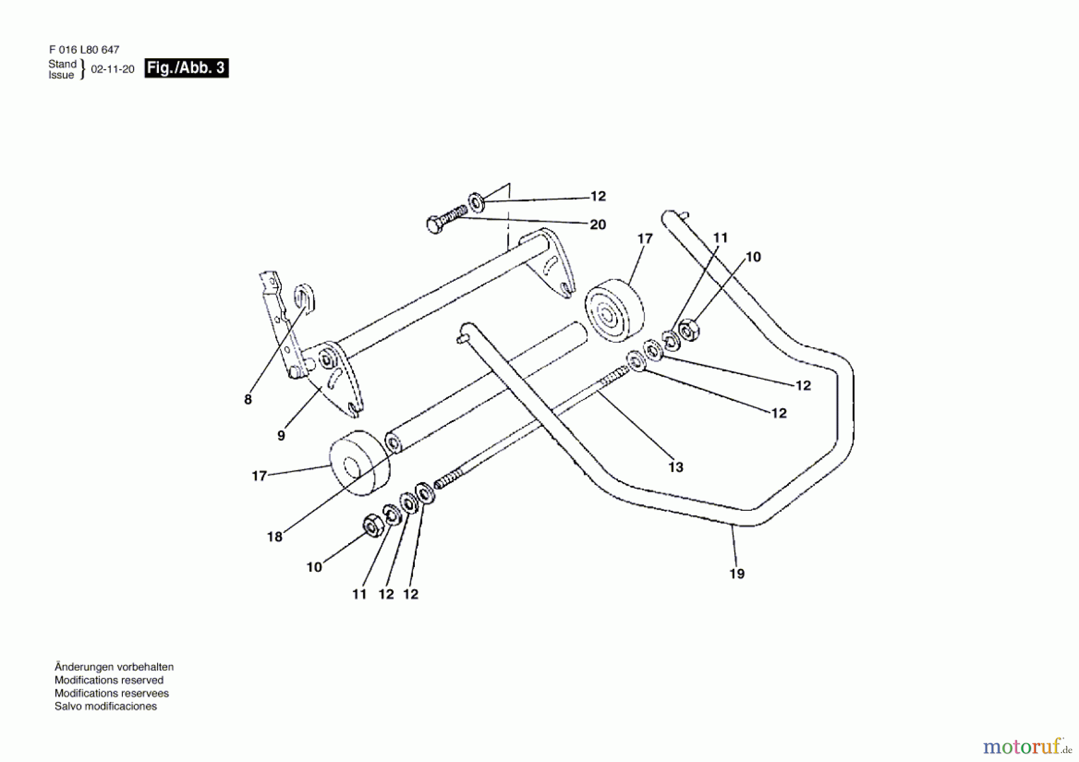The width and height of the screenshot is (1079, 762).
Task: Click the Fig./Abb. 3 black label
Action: click(186, 68)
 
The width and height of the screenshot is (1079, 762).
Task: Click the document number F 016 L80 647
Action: click(84, 50)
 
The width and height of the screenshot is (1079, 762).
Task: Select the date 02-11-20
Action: click(113, 69)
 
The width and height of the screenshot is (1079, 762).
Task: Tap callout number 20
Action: click(598, 224)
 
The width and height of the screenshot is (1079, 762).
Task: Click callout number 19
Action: click(737, 574)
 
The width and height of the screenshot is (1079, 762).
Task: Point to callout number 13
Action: click(676, 467)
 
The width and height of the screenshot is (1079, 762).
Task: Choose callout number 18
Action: click(275, 537)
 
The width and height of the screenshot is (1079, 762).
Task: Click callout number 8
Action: click(248, 399)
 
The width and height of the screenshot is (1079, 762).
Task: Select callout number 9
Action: click(281, 436)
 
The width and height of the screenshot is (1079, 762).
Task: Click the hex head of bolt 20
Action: click(435, 225)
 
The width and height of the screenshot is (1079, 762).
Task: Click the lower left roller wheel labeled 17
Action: click(358, 463)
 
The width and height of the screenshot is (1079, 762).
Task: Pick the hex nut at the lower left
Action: click(373, 526)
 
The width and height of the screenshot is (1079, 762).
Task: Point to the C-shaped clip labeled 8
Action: click(305, 298)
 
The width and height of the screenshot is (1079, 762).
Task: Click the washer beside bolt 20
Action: click(477, 202)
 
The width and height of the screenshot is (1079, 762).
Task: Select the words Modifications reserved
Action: click(108, 680)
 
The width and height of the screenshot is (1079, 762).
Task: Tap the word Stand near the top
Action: click(62, 64)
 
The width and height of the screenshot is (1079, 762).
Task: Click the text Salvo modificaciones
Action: click(106, 706)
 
